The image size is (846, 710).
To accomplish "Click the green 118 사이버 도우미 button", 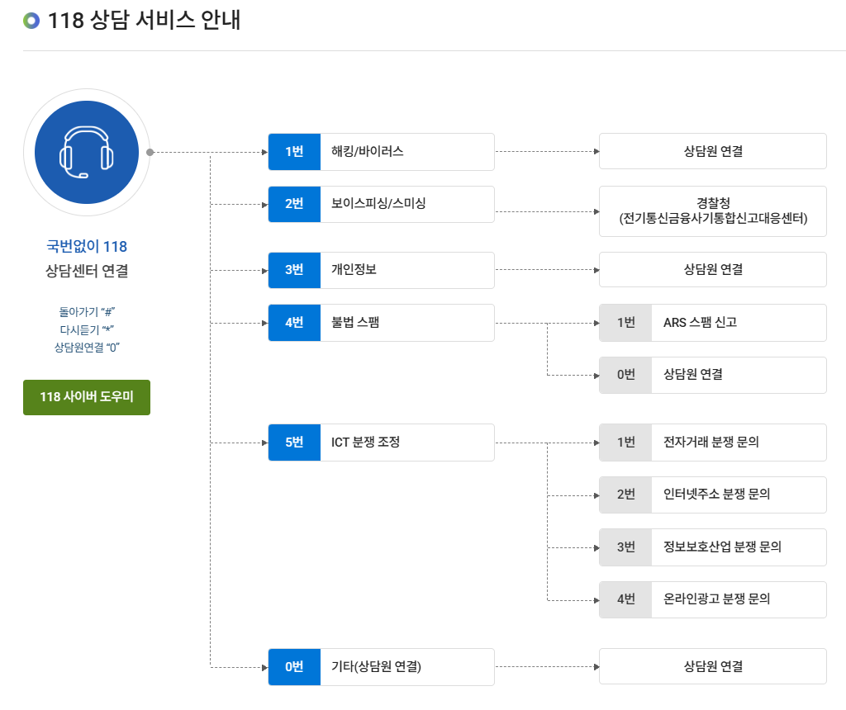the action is click(x=87, y=397).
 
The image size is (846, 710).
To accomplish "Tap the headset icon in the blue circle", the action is click(x=87, y=153).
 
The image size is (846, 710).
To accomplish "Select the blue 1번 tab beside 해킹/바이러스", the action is click(x=294, y=152).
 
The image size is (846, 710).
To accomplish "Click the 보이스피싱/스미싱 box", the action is click(x=406, y=204).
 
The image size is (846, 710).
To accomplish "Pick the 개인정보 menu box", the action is click(x=406, y=270).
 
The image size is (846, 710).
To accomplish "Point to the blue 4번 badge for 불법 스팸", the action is click(x=294, y=323).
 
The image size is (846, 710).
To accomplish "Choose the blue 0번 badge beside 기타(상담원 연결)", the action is click(x=294, y=667).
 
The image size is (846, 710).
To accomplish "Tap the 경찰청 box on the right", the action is click(x=712, y=211).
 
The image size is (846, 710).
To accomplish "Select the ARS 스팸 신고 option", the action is click(x=738, y=323).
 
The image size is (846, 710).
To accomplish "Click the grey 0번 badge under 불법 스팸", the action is click(x=625, y=375).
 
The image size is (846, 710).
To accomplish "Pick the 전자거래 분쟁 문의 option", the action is click(x=738, y=443).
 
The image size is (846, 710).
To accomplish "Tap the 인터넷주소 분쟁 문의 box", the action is click(x=738, y=495).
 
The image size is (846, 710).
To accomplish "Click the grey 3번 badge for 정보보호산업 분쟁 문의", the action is click(x=625, y=547).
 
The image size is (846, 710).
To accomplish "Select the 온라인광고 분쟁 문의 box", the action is click(x=738, y=599).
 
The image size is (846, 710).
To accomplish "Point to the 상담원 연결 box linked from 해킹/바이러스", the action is click(x=712, y=152).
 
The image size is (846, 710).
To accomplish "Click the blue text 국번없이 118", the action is click(x=87, y=246).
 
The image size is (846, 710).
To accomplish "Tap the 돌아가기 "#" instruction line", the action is click(x=87, y=312).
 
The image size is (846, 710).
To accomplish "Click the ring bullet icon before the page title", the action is click(x=31, y=21).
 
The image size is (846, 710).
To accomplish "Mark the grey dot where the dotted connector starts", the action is click(x=150, y=153).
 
